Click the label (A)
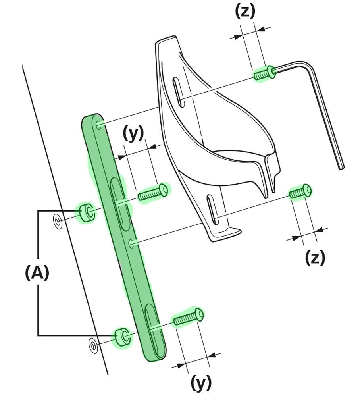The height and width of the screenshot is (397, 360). pos(37,273)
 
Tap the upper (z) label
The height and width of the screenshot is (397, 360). pos(245,12)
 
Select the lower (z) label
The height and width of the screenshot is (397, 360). pos(315,258)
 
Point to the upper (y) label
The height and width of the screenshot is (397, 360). pos(133,134)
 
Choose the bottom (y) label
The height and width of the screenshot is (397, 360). pos(201,383)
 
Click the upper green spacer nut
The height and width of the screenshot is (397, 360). pos(86,213)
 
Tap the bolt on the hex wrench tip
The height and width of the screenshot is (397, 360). pos(264,73)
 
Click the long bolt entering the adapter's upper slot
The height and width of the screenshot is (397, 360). pos(153,192)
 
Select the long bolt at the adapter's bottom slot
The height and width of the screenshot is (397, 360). pos(188,317)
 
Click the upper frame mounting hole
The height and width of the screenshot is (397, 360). pos(58,221)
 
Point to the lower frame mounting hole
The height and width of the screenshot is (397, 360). pos(93,345)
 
